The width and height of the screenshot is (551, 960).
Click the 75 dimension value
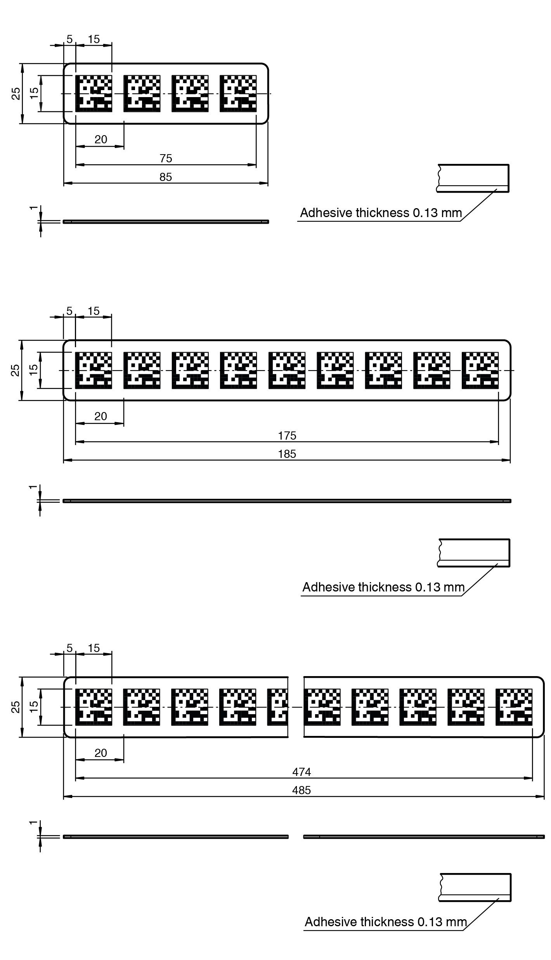pos(166,158)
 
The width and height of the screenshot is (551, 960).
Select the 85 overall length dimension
pos(166,177)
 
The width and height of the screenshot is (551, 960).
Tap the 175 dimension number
pos(287,436)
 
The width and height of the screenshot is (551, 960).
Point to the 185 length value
pos(287,454)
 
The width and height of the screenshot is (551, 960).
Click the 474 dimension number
pos(302,772)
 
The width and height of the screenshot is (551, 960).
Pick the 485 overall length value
pos(302,790)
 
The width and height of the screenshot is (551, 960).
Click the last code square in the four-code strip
pos(238,94)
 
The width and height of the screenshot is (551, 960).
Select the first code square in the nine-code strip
pos(94,370)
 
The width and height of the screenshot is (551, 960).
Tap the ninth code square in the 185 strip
pos(480,370)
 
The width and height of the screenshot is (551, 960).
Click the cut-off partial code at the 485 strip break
pos(277,707)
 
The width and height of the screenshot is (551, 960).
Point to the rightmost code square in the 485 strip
pos(514,707)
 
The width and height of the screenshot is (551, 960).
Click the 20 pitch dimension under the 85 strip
pos(100,139)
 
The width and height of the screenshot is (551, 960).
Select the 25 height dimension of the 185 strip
pos(15,370)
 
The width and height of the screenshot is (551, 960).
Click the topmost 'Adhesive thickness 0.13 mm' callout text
pos(381,213)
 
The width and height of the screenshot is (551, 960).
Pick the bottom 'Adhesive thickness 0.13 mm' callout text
pos(386,922)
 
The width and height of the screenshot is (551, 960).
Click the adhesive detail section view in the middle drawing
pos(474,553)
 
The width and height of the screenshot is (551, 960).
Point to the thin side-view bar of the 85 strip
pos(166,222)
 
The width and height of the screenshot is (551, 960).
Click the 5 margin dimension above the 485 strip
pos(69,648)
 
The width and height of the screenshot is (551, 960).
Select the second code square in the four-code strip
pos(142,94)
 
